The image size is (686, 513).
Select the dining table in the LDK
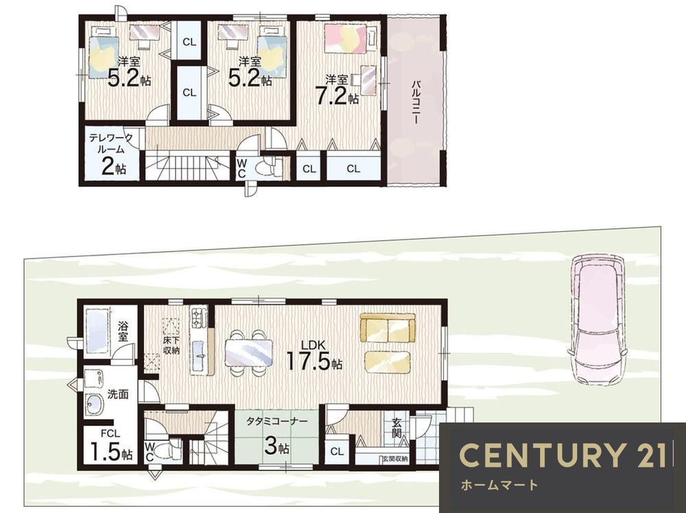click(248, 353)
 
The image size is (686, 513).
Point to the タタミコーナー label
click(277, 422)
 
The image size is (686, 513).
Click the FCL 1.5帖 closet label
click(110, 446)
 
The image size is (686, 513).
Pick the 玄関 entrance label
click(397, 428)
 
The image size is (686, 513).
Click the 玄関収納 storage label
click(395, 460)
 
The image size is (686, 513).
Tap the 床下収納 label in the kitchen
click(171, 345)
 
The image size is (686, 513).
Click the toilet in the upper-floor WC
click(266, 167)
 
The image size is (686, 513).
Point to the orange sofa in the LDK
click(387, 328)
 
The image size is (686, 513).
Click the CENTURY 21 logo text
click(563, 455)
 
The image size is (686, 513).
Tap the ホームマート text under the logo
click(499, 485)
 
